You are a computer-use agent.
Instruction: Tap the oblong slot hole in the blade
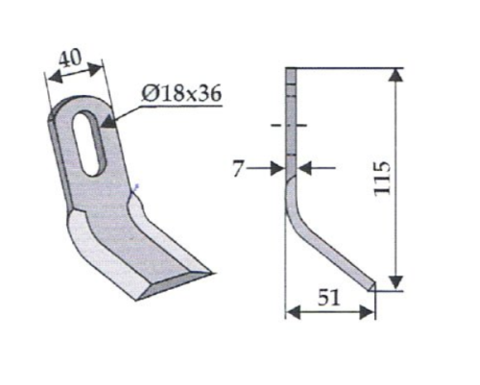pyautogui.click(x=87, y=141)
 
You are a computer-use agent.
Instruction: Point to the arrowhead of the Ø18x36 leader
pyautogui.click(x=108, y=123)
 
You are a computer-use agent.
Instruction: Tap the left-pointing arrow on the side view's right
pyautogui.click(x=304, y=168)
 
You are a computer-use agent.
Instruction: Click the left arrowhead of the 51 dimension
pyautogui.click(x=293, y=311)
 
